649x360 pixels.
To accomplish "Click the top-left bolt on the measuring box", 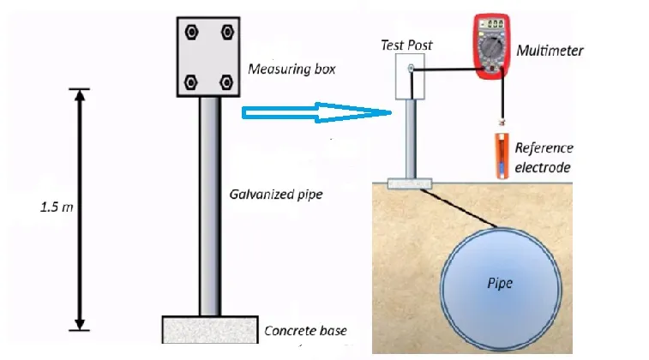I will pyautogui.click(x=190, y=32).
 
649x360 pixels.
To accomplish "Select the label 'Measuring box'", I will pyautogui.click(x=286, y=69).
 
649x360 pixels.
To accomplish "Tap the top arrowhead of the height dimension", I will pyautogui.click(x=80, y=95).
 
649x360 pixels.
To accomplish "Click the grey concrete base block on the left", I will pyautogui.click(x=210, y=328).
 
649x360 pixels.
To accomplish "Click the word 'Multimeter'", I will pyautogui.click(x=550, y=51).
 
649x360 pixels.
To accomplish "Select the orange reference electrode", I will pyautogui.click(x=501, y=155).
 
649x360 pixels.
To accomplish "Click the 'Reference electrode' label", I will pyautogui.click(x=544, y=158).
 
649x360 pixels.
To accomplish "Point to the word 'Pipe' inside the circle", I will pyautogui.click(x=499, y=283).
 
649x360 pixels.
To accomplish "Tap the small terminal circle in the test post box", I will pyautogui.click(x=412, y=68).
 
